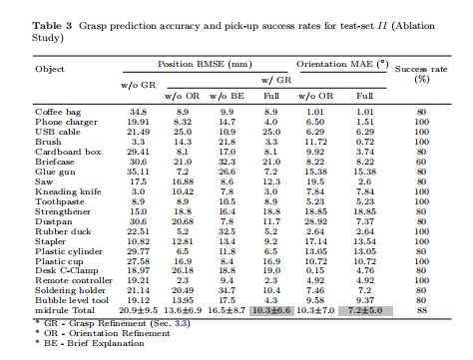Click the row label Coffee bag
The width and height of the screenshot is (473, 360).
point(58,112)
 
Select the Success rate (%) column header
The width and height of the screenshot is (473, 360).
point(421,74)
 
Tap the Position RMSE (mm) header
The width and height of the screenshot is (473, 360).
point(205,64)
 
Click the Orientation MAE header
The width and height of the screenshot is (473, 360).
point(342,64)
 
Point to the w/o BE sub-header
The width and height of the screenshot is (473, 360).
point(227,96)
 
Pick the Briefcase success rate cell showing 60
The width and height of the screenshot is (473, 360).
point(421,162)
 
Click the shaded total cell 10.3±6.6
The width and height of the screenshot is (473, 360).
point(271,311)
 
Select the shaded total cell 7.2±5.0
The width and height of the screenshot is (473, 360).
point(365,311)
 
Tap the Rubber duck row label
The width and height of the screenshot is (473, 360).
point(63,231)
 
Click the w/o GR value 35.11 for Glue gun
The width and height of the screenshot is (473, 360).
point(138,172)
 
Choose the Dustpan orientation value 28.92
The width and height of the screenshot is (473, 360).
point(315,221)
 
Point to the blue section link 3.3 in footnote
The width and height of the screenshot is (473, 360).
point(181,323)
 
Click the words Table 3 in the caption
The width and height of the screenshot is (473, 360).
point(52,26)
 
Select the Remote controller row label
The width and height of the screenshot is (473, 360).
point(74,280)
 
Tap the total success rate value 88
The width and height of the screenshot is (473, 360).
point(421,310)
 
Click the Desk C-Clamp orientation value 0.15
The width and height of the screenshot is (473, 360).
point(315,270)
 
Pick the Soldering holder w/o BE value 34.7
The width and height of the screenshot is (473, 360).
point(227,290)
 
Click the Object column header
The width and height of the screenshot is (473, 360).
point(50,69)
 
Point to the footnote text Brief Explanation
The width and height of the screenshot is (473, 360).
point(106,343)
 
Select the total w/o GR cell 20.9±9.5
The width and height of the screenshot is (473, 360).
point(138,310)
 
